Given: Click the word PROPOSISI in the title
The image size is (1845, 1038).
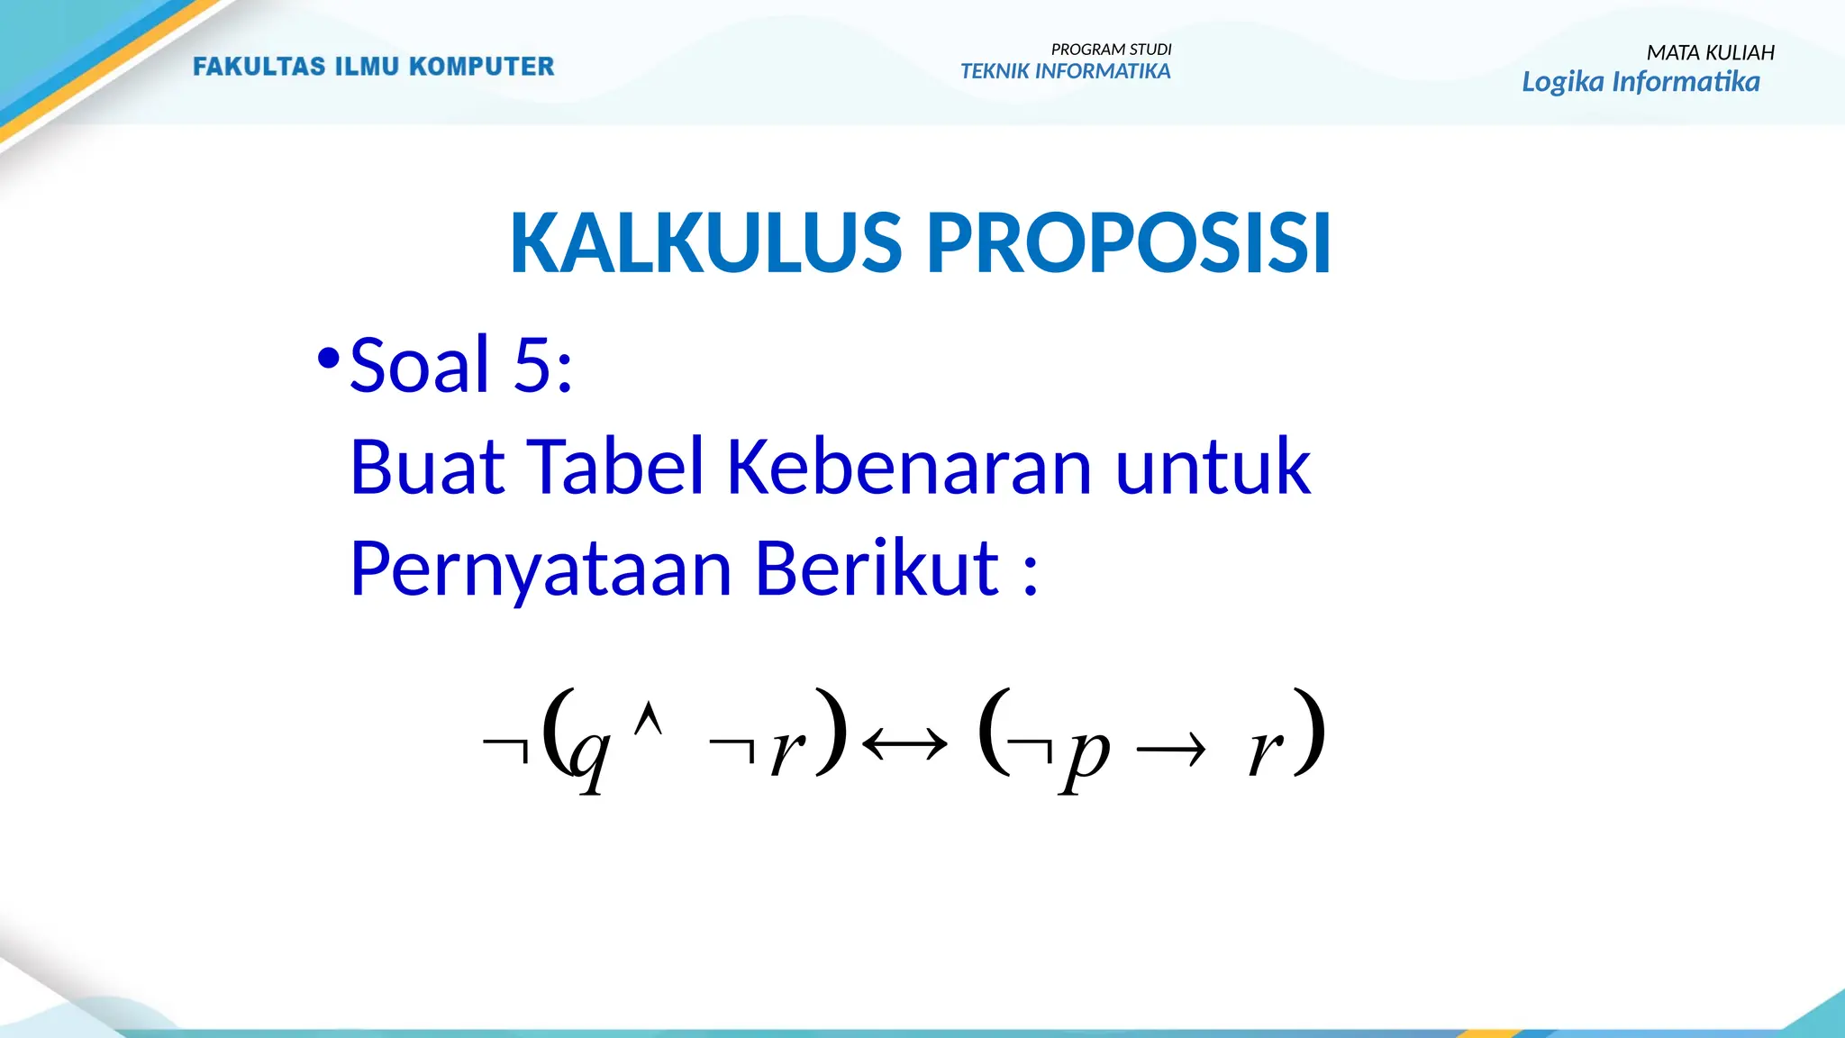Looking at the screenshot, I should [x=1128, y=243].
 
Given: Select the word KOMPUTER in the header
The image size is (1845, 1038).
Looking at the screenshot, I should [x=481, y=67].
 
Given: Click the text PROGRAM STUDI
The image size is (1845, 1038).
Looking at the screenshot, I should [x=1111, y=50].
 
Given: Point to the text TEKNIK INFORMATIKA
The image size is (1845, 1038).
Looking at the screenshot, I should [x=1065, y=71].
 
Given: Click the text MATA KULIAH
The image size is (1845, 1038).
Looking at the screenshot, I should [x=1710, y=53].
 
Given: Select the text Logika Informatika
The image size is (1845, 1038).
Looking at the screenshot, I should [x=1640, y=82].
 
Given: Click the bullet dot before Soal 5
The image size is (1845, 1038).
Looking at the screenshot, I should [x=328, y=360].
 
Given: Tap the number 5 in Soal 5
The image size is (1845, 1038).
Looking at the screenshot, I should [x=532, y=365].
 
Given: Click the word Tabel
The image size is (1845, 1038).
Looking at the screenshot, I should [x=616, y=467].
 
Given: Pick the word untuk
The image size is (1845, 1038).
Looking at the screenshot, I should [x=1213, y=467].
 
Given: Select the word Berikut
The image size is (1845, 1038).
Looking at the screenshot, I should [x=876, y=569].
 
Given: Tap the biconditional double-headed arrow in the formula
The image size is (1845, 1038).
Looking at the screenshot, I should [x=904, y=745].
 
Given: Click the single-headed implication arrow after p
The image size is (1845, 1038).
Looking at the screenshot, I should [x=1170, y=749].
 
